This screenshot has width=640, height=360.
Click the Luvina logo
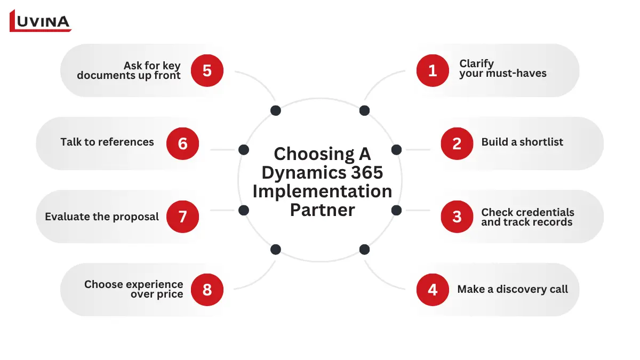tap(41, 21)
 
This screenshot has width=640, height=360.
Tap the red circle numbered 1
tap(433, 70)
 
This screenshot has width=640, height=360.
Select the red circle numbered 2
tap(457, 143)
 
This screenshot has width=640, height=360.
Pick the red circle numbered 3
tap(457, 217)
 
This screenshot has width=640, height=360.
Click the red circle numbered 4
tap(433, 290)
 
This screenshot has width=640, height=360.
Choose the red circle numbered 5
tap(207, 70)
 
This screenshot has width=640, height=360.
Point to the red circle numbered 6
tap(182, 143)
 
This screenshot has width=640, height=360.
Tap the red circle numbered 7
tap(182, 217)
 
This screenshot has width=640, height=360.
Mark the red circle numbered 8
tap(207, 290)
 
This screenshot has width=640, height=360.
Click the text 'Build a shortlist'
tap(522, 142)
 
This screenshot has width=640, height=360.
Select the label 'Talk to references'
tap(107, 142)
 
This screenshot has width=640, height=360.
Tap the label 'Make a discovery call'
tap(513, 290)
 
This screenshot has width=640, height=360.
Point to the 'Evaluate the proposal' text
tap(102, 217)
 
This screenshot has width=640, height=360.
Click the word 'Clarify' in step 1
tap(476, 64)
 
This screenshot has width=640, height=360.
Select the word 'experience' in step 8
tap(156, 284)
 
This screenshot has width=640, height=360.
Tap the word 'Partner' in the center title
tap(322, 210)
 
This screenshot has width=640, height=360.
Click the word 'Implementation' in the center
tap(322, 191)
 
